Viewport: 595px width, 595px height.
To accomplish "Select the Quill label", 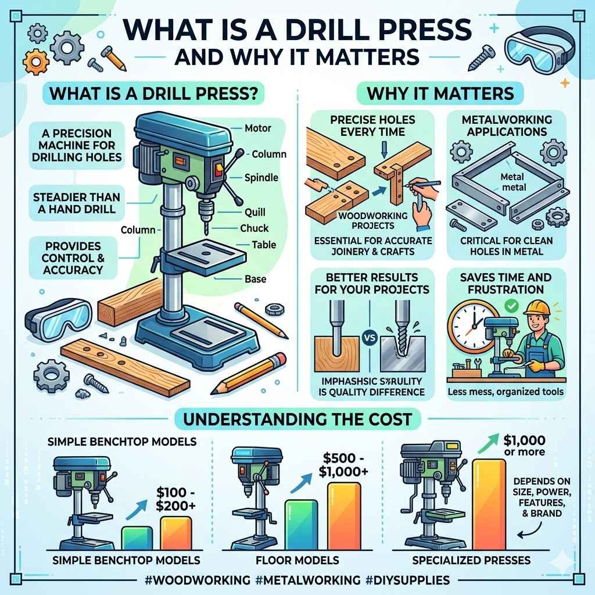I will point(255,213).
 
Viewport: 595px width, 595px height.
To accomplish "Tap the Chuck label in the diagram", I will point(254,228).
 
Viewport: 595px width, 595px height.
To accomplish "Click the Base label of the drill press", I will point(255,279).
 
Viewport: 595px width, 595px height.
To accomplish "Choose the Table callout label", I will point(263,245).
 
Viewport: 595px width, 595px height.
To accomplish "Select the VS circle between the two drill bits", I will point(368,336).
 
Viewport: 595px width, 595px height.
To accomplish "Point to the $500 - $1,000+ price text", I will point(343,464).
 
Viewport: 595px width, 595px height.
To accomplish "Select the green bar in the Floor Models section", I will point(300,525).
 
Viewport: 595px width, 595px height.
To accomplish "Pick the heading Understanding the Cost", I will point(297,418).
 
